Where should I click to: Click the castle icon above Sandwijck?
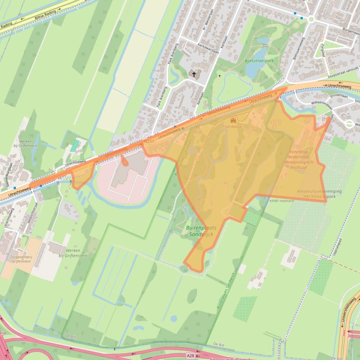[233, 120]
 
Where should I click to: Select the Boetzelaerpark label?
[259, 61]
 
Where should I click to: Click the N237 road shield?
[149, 141]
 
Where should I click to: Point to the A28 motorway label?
[190, 355]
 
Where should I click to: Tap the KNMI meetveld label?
[282, 201]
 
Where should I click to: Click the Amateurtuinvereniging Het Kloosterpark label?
[319, 194]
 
